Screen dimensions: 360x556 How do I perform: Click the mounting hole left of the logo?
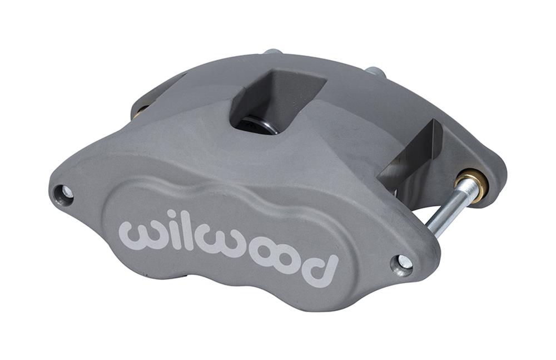coord(64,194)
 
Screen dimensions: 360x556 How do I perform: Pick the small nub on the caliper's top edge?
coord(272,52)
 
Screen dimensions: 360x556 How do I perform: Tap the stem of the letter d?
coord(333,267)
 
